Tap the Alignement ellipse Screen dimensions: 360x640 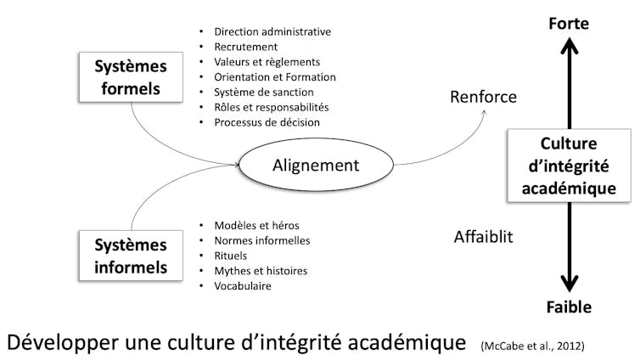tap(316, 165)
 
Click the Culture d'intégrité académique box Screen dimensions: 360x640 tap(568, 166)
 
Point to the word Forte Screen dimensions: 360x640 tap(568, 24)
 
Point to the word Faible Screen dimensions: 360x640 tap(568, 307)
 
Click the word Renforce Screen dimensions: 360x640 tap(483, 97)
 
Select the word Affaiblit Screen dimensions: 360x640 tap(484, 237)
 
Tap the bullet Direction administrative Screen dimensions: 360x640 tap(272, 31)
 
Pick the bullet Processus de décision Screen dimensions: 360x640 tap(267, 122)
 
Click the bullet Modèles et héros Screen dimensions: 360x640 tap(256, 225)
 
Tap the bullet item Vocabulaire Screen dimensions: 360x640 tap(244, 286)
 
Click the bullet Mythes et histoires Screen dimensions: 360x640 tap(260, 271)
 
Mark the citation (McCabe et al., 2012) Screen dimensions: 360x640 tap(532, 345)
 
